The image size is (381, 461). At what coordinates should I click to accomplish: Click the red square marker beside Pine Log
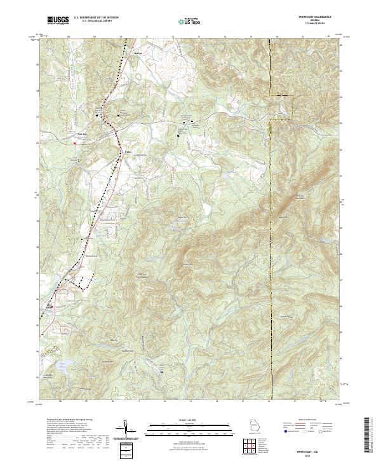pyautogui.click(x=74, y=144)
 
